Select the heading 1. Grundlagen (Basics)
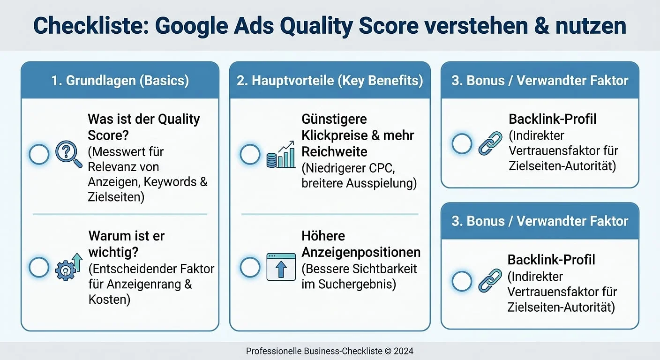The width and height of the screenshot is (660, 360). pos(120,81)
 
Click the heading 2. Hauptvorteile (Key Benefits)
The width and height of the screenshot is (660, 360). pos(330,81)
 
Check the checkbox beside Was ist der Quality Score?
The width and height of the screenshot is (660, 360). pos(39,154)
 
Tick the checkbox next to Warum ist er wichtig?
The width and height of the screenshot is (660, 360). pos(39,267)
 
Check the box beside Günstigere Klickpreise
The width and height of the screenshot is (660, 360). pos(250,154)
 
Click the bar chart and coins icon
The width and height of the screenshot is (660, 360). pos(280,156)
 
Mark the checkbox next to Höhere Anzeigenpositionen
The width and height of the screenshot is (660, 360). pos(250,267)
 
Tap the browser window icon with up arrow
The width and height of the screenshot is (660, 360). pos(281,267)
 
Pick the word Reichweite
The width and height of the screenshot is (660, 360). pos(334,152)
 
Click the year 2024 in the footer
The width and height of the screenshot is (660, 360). pos(404,351)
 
